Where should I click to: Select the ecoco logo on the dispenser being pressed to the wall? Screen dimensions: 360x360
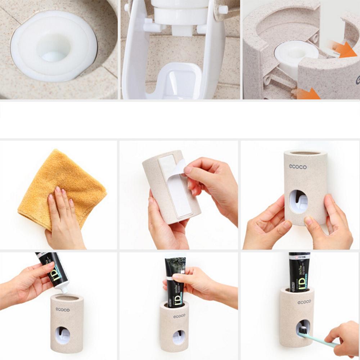[x=298, y=167]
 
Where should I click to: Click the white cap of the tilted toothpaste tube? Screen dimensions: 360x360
[x=64, y=288]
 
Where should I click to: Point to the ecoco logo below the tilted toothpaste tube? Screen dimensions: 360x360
[x=63, y=309]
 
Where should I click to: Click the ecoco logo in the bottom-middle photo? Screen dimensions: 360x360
[x=179, y=316]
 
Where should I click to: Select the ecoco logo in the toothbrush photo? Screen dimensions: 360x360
[x=304, y=302]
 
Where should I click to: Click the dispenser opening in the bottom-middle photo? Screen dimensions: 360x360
[x=179, y=337]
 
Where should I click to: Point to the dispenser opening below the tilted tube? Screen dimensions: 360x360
[x=63, y=335]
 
